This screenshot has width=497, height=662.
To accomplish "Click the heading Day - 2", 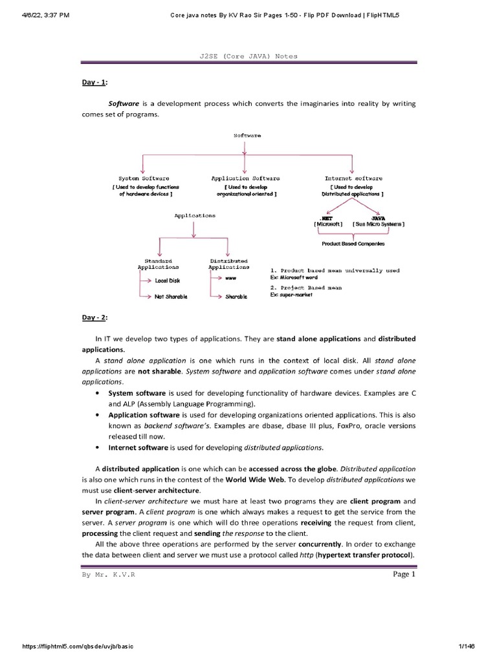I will [94, 317].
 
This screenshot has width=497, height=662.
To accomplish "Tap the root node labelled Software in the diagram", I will [247, 135].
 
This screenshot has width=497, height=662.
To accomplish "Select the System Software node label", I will [144, 178].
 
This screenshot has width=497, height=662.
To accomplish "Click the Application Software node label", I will [245, 178].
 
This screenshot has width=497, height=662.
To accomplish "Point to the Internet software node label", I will [353, 178].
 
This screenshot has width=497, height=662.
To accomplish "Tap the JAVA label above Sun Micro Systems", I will [379, 218].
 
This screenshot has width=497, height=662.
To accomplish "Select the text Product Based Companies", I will [353, 244].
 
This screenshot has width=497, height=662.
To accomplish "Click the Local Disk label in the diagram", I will [168, 281].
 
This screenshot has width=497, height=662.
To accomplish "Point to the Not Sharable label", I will [171, 296].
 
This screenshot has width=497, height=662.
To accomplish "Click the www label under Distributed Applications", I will [230, 277].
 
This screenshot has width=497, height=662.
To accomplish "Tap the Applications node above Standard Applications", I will [195, 215].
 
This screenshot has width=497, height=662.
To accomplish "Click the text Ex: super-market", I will [292, 295].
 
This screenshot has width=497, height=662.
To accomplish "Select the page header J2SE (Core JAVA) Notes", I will [248, 56].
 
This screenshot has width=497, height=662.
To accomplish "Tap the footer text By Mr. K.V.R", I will [109, 575].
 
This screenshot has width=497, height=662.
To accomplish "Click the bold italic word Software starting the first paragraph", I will [124, 103].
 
